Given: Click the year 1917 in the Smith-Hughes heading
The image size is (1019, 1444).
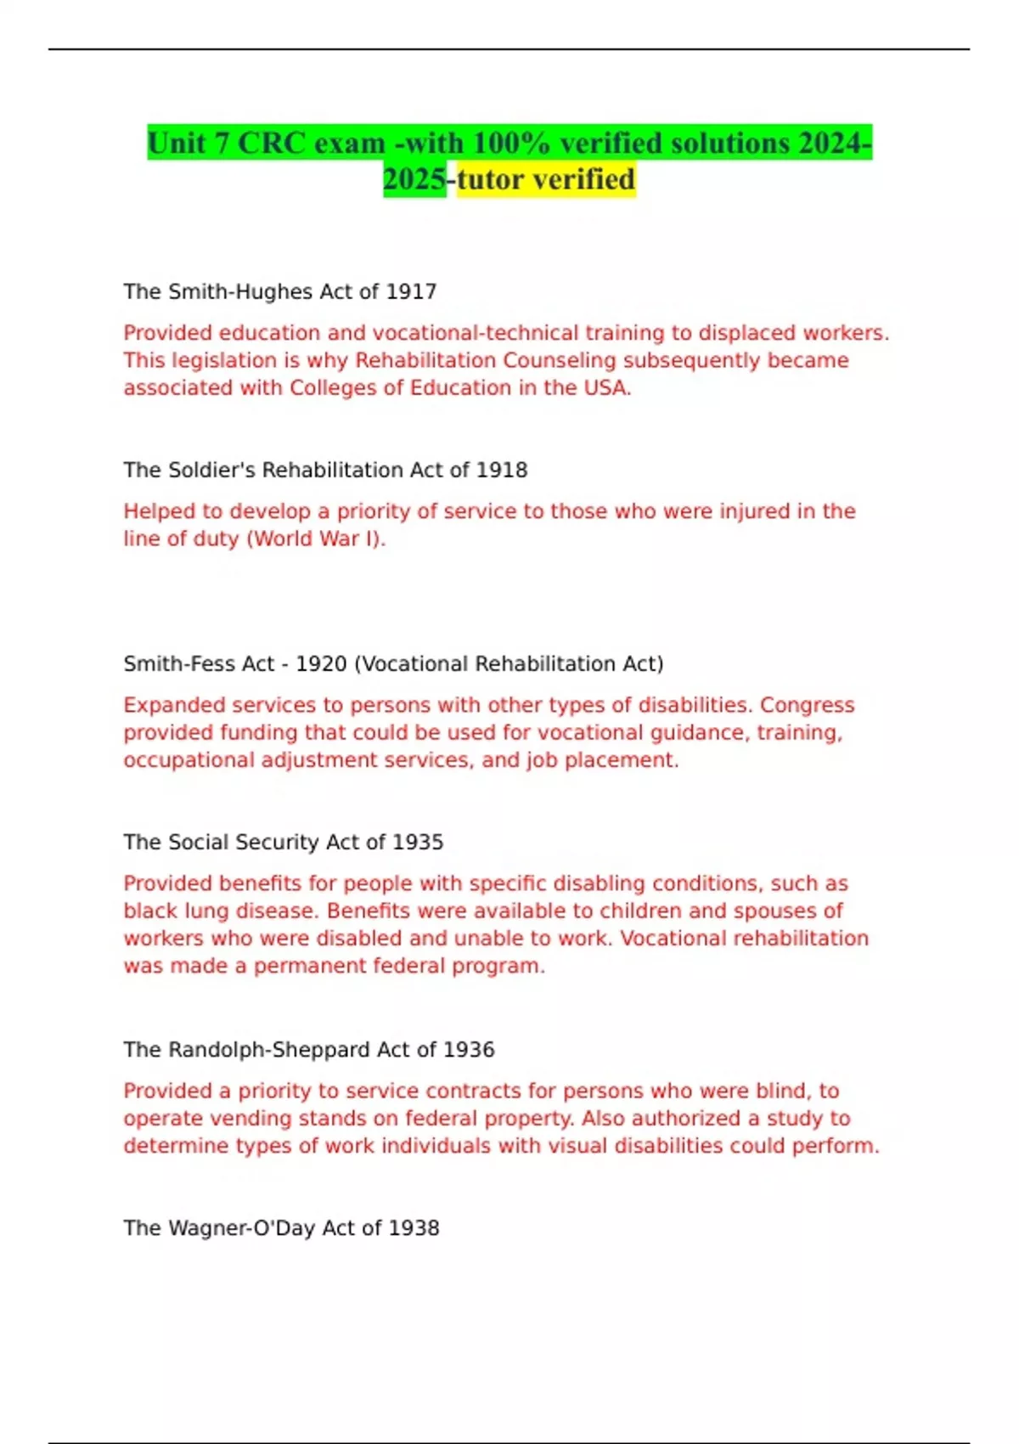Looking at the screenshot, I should tap(411, 291).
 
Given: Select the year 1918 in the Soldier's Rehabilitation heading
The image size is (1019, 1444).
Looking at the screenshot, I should tap(502, 470).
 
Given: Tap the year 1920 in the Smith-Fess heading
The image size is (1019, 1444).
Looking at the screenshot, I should tap(321, 663).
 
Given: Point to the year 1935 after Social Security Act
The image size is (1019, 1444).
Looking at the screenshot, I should tap(418, 842).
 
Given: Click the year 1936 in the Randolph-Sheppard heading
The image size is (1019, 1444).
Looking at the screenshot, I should tap(469, 1049).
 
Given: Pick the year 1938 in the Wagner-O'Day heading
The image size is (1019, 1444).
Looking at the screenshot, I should tap(414, 1227).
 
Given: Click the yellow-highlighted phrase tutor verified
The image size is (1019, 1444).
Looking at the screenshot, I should tap(546, 179).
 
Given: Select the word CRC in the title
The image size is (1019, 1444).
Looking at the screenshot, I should tap(272, 143).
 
